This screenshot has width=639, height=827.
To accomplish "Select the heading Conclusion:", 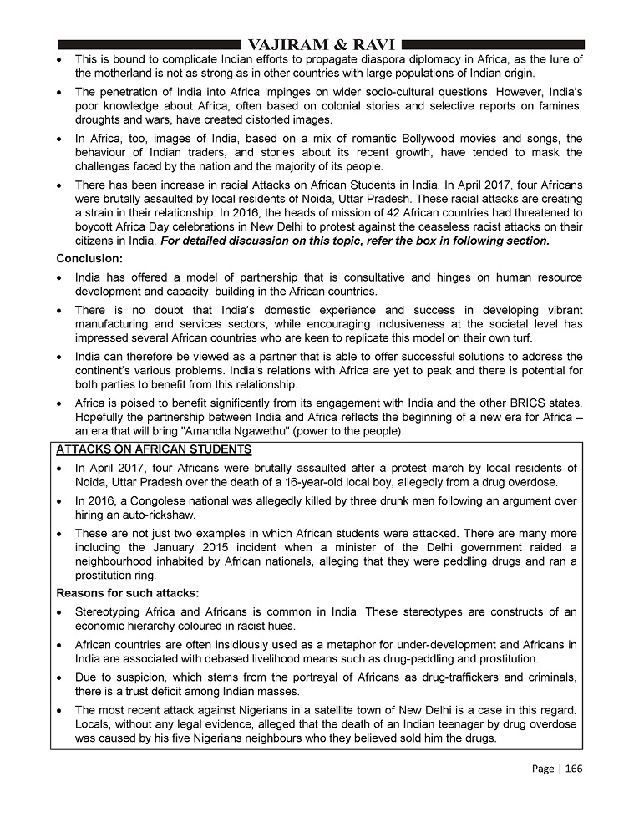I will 89,258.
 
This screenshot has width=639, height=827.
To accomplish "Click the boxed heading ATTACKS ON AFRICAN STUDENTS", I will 154,450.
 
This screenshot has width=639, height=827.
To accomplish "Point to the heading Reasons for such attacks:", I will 128,593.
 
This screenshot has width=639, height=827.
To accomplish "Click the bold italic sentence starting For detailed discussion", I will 355,241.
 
